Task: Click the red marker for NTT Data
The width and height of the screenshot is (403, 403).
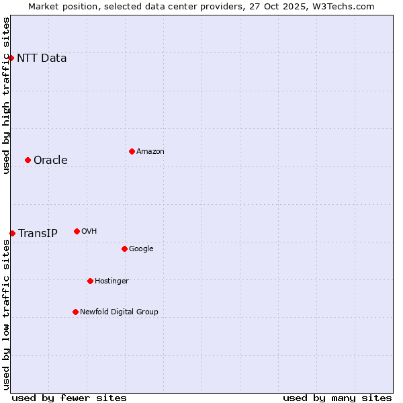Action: click(x=11, y=58)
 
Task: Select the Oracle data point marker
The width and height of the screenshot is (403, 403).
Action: click(x=28, y=160)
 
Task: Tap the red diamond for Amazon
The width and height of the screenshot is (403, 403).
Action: click(x=132, y=151)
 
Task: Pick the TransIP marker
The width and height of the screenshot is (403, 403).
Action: click(x=12, y=233)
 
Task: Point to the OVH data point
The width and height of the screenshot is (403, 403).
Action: click(x=77, y=231)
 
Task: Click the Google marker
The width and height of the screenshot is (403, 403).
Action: click(x=124, y=249)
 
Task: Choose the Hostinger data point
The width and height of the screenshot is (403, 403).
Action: click(x=90, y=281)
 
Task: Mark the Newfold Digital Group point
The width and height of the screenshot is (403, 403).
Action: click(x=75, y=312)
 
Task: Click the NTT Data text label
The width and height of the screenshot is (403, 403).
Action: click(x=42, y=58)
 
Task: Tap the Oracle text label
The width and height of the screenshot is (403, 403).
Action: click(x=50, y=160)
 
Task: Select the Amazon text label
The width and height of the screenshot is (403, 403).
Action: click(x=150, y=151)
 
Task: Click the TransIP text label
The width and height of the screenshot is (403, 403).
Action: click(x=38, y=233)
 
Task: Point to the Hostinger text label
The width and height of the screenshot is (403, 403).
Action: click(x=111, y=281)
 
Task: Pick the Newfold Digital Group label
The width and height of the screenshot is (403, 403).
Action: click(x=119, y=312)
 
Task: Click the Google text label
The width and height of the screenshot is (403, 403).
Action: click(x=141, y=249)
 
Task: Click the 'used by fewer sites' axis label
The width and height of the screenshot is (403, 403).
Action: click(x=69, y=398)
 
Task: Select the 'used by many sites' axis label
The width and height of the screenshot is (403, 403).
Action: click(x=337, y=398)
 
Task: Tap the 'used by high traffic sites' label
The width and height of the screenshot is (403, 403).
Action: click(x=6, y=95)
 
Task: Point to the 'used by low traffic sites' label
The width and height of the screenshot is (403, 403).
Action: click(x=6, y=314)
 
